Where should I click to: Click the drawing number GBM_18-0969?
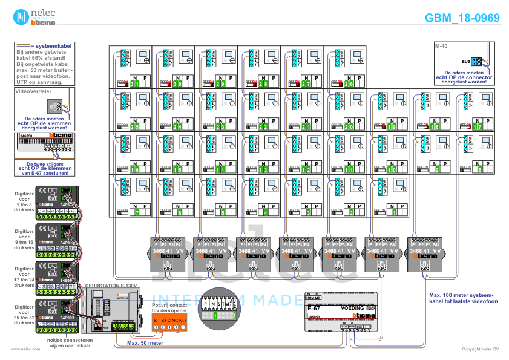pyautogui.click(x=462, y=18)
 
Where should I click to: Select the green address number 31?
pyautogui.click(x=134, y=83)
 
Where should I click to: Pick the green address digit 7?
pyautogui.click(x=137, y=213)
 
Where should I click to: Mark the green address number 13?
pyautogui.click(x=264, y=170)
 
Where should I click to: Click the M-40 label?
pyautogui.click(x=441, y=46)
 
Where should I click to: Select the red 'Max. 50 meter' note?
pyautogui.click(x=144, y=342)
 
